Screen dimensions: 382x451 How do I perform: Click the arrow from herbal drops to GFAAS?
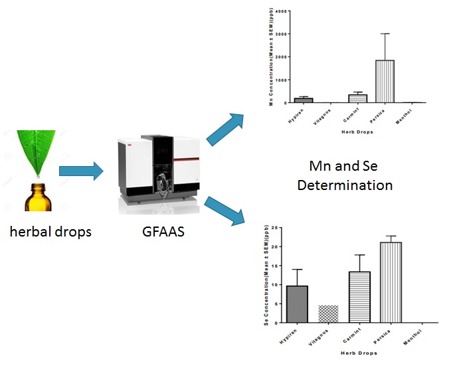pos(82,171)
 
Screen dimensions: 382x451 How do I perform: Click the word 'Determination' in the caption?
pos(345,185)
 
